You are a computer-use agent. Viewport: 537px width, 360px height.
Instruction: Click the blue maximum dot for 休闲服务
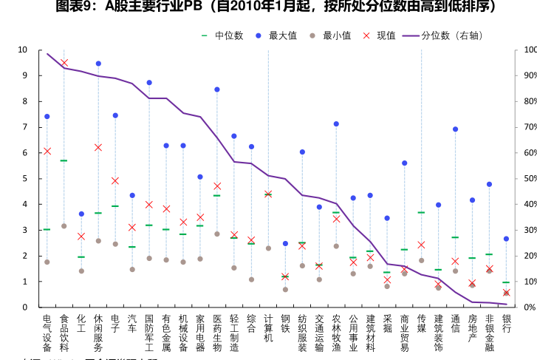(98, 64)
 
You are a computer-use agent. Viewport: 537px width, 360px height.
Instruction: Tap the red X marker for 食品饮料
(64, 63)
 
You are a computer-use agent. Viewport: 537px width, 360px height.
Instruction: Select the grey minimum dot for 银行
(506, 293)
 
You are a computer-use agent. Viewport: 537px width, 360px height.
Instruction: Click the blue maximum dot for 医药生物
(217, 89)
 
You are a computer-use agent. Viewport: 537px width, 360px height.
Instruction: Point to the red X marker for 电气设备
(47, 151)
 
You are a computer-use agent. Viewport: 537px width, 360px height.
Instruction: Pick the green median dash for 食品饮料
(64, 160)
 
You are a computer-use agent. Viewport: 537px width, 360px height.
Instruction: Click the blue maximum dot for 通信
(455, 129)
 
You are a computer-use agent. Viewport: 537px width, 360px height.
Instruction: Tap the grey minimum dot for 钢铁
(285, 289)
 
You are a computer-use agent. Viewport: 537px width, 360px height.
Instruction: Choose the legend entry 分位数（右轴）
(450, 35)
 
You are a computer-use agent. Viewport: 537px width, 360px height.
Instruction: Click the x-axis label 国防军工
(149, 332)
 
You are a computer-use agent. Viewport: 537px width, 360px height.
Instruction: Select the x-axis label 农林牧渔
(336, 332)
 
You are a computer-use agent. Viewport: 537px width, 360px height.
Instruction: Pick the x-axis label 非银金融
(489, 332)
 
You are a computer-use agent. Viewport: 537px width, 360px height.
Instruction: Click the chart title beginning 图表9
(268, 7)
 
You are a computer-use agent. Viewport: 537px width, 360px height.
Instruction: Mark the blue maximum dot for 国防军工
(149, 83)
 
